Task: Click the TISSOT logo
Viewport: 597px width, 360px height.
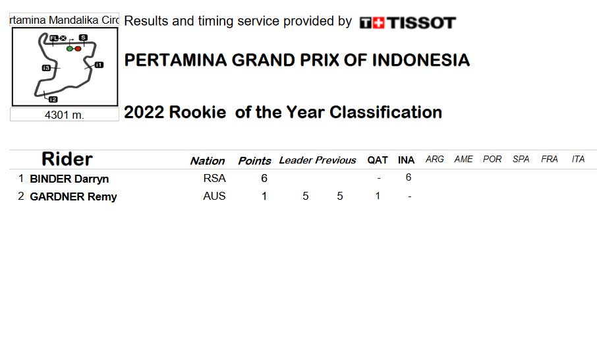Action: click(x=407, y=23)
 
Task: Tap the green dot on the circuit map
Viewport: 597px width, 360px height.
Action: click(x=70, y=49)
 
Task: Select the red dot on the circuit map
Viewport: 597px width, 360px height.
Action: click(x=78, y=49)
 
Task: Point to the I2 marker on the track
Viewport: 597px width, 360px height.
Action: click(x=53, y=100)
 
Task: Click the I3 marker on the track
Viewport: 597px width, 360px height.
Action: click(x=46, y=68)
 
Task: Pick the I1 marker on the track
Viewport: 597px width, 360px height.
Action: click(x=99, y=65)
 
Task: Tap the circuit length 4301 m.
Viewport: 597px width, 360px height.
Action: click(x=65, y=115)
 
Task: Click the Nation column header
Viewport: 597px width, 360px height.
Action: click(x=208, y=161)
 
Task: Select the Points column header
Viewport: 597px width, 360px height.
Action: click(x=254, y=161)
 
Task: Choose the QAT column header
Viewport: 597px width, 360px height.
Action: click(x=378, y=160)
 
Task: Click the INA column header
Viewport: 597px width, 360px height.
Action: click(x=407, y=160)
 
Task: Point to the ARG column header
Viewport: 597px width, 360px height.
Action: click(x=435, y=160)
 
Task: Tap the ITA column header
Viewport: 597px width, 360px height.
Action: click(x=578, y=160)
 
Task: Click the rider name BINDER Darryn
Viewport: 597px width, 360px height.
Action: click(x=69, y=179)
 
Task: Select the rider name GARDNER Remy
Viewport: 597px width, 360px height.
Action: click(x=73, y=196)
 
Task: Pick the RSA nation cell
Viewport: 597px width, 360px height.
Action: click(x=214, y=178)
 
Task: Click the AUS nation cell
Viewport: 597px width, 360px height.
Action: click(x=214, y=196)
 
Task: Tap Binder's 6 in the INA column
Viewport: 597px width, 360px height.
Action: click(x=409, y=177)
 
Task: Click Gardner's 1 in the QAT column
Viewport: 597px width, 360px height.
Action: click(x=378, y=196)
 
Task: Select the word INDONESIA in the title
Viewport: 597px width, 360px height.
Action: click(x=420, y=60)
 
